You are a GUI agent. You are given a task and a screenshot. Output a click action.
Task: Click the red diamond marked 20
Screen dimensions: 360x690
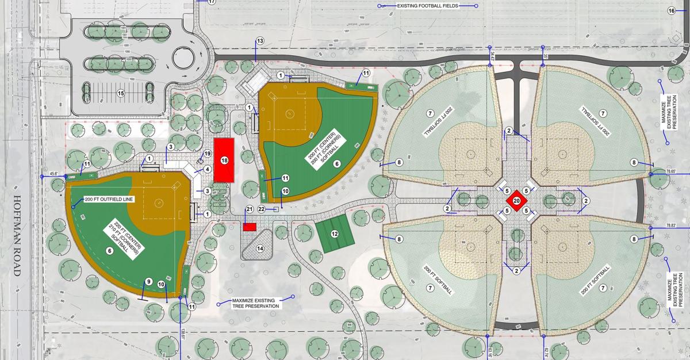click(516, 201)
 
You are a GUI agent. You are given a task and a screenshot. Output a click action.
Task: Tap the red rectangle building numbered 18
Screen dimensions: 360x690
click(224, 160)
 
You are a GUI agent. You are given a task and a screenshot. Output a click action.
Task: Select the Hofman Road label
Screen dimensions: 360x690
click(15, 236)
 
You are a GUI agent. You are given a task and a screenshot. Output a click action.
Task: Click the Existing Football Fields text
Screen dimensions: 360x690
click(427, 6)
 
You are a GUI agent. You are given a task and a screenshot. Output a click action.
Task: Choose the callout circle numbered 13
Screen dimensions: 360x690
click(260, 41)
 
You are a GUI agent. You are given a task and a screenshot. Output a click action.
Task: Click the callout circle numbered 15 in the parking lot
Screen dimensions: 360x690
click(121, 93)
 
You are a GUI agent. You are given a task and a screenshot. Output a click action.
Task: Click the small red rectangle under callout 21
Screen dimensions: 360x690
click(249, 227)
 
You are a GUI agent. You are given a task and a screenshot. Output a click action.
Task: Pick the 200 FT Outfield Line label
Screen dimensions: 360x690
click(109, 200)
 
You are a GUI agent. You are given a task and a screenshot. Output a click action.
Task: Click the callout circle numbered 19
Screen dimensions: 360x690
click(208, 154)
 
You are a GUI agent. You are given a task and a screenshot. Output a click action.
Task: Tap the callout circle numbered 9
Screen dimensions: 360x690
click(148, 281)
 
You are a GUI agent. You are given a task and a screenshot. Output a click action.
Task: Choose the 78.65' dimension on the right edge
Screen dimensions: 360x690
click(670, 171)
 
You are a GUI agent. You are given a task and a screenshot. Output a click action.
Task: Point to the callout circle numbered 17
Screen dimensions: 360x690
click(212, 2)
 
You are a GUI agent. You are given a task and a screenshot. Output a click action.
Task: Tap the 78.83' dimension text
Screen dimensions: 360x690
click(670, 226)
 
